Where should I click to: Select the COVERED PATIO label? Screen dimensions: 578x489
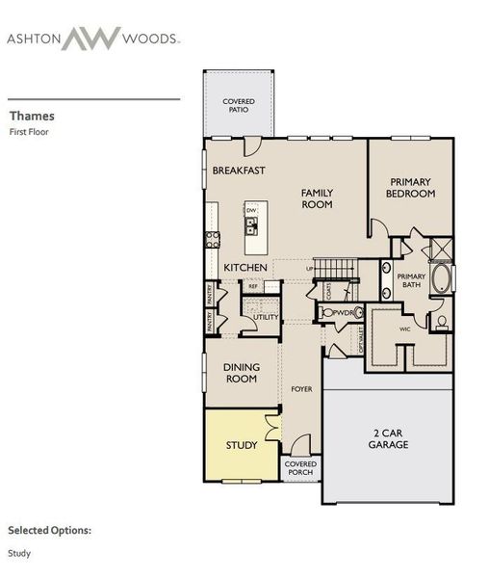[238, 105]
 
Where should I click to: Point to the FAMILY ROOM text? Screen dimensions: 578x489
[317, 197]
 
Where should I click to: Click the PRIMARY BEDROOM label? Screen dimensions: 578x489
[412, 187]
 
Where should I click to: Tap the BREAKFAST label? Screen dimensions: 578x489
[239, 171]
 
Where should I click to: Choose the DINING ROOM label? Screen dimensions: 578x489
[241, 373]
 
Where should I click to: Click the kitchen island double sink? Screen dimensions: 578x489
[251, 227]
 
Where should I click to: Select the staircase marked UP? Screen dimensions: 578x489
[337, 267]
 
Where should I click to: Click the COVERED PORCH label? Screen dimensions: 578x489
[300, 469]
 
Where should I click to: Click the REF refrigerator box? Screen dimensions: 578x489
[253, 286]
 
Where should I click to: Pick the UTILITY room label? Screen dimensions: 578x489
[265, 317]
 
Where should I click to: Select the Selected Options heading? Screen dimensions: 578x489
[50, 530]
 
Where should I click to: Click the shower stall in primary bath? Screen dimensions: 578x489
[442, 249]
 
